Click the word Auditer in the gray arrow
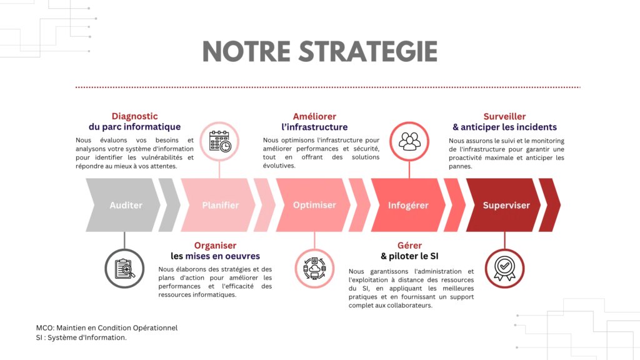coord(126,205)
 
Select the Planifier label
coord(220,205)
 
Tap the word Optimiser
coord(314,205)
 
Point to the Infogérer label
coord(408,205)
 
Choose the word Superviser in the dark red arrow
coord(506,205)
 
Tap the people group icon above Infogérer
coord(409,141)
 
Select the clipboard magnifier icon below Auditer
coord(125,269)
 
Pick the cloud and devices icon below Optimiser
coord(314,269)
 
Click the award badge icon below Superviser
coord(504,269)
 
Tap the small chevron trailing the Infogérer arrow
coord(455,205)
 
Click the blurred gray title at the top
coord(319,53)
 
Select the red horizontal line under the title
coord(329,87)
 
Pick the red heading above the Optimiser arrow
coord(314,116)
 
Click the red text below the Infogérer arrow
coord(409,246)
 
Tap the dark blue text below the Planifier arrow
coord(224,256)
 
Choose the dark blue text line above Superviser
coord(504,127)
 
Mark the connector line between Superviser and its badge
coord(504,241)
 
